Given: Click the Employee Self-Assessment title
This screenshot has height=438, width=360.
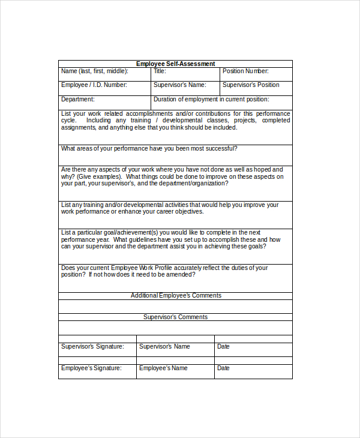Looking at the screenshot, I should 175,64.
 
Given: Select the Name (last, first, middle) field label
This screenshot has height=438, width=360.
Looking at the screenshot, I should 94,71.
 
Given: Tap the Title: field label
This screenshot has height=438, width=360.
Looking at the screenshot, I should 160,71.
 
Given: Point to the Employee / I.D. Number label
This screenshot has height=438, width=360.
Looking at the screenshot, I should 94,85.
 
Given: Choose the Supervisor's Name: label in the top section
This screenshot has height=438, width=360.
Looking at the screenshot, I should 179,85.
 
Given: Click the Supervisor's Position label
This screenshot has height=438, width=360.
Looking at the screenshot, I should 251,85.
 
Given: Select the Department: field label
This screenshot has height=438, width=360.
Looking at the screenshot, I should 78,100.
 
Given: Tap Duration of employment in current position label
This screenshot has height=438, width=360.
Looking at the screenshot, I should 211,100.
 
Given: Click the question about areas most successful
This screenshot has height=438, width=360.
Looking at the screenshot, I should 149,149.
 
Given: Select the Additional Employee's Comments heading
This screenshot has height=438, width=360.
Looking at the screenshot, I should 176,295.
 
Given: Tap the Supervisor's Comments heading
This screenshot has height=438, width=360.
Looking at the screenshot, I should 175,317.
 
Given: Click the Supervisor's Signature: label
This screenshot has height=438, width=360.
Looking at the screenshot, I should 92,347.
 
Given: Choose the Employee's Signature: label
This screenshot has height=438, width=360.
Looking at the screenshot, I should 91,368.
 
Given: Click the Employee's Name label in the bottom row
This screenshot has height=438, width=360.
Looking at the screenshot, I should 163,368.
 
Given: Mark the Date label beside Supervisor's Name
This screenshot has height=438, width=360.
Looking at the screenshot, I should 223,347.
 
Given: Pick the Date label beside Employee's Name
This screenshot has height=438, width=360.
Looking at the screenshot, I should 223,368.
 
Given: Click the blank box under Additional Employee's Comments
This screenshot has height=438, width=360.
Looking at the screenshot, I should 175,306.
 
